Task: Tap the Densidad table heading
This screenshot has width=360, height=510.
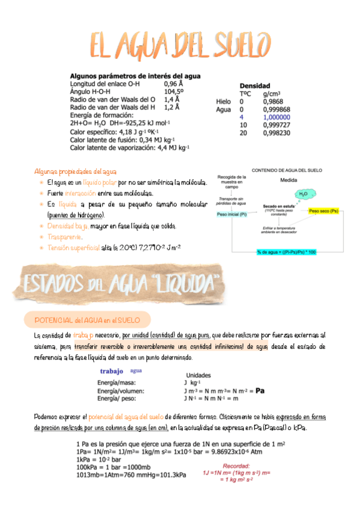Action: pyautogui.click(x=255, y=86)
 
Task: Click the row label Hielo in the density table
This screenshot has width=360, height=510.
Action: pyautogui.click(x=223, y=102)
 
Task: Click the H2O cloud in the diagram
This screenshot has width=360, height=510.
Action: pyautogui.click(x=302, y=194)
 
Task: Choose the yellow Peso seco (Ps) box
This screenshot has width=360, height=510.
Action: pyautogui.click(x=323, y=212)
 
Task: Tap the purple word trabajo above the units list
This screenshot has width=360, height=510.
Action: pyautogui.click(x=112, y=371)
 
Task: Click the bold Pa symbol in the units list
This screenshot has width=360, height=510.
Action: pyautogui.click(x=260, y=390)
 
